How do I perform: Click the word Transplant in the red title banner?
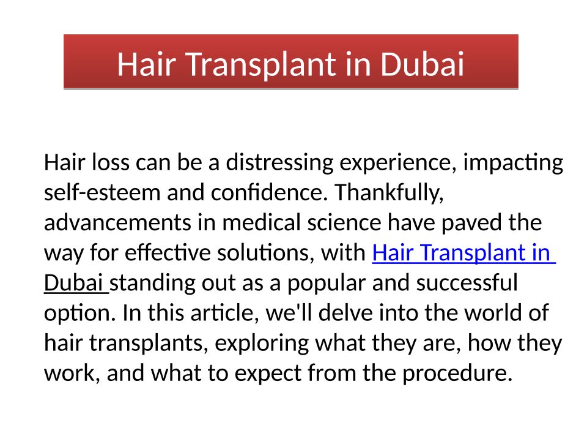261,65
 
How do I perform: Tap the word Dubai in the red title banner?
422,64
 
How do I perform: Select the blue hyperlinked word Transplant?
473,253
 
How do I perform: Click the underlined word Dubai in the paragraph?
73,283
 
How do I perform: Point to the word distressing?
279,163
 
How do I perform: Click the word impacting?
513,163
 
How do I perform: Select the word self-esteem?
103,193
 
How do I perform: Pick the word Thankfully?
389,193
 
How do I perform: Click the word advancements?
117,223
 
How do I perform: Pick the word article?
224,314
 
